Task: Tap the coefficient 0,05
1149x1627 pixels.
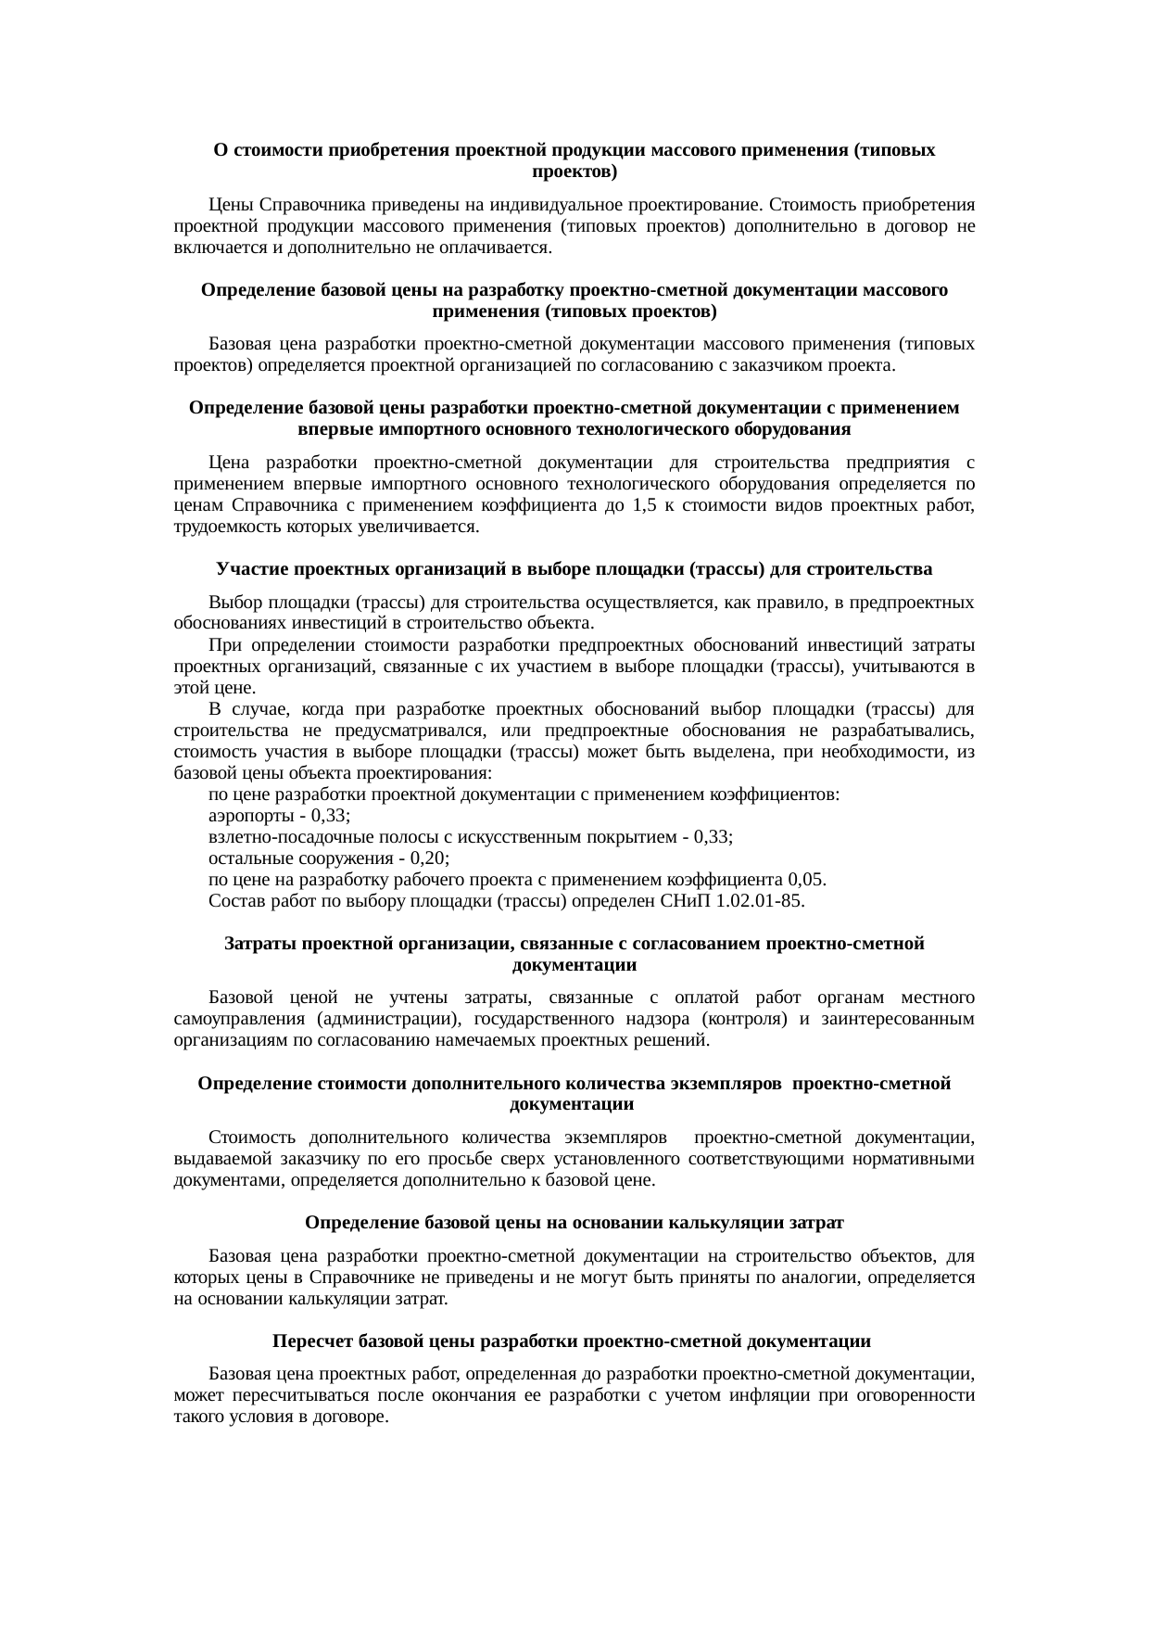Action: (x=806, y=879)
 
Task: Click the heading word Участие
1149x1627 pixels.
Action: (x=251, y=568)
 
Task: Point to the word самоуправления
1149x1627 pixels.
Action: (x=236, y=1019)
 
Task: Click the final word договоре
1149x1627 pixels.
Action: (x=349, y=1417)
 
